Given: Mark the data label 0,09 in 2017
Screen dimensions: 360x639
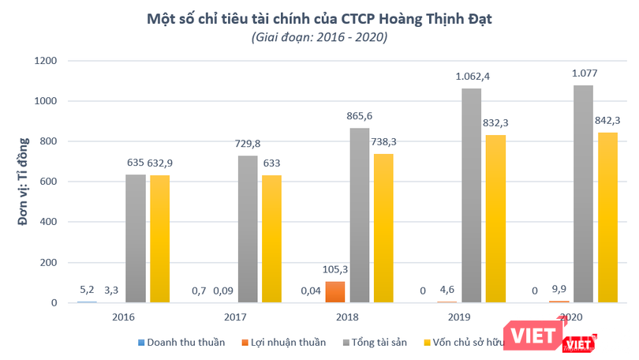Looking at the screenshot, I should click(x=226, y=291).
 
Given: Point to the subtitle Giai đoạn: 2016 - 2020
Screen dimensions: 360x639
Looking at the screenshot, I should click(x=319, y=37).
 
